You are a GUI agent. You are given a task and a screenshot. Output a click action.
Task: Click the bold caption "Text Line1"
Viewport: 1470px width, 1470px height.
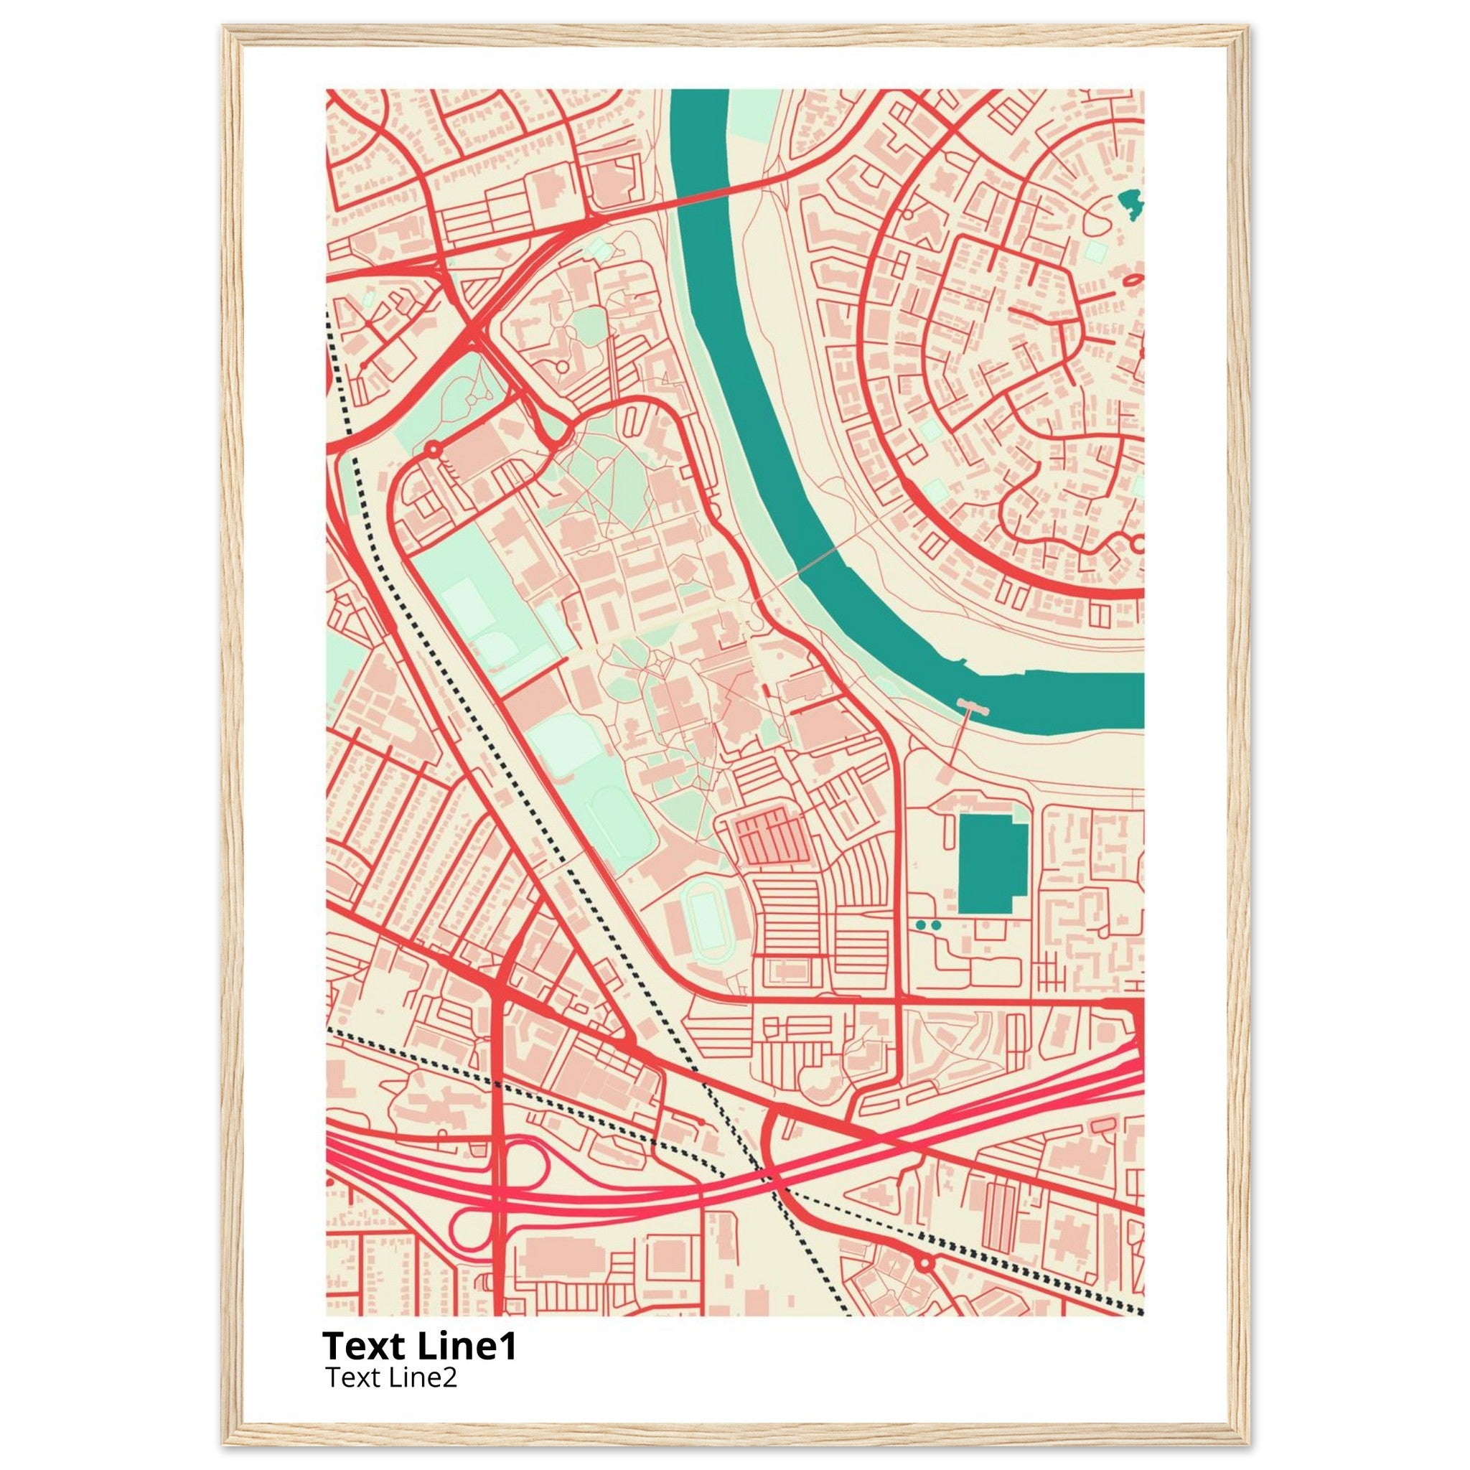[x=419, y=1346]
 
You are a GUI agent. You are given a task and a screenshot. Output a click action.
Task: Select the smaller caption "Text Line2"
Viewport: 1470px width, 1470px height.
[x=391, y=1377]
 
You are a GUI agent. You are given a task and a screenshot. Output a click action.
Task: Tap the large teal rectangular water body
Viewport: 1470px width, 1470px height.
[x=991, y=863]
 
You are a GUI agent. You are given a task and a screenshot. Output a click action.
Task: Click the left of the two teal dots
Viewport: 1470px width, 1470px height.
[x=922, y=924]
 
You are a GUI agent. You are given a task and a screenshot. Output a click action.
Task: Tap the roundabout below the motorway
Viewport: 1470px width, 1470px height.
[x=925, y=1263]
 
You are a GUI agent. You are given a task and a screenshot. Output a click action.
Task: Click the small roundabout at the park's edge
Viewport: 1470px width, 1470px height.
[x=433, y=449]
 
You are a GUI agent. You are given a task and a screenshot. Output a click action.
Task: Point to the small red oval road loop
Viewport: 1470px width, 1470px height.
[x=1131, y=281]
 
